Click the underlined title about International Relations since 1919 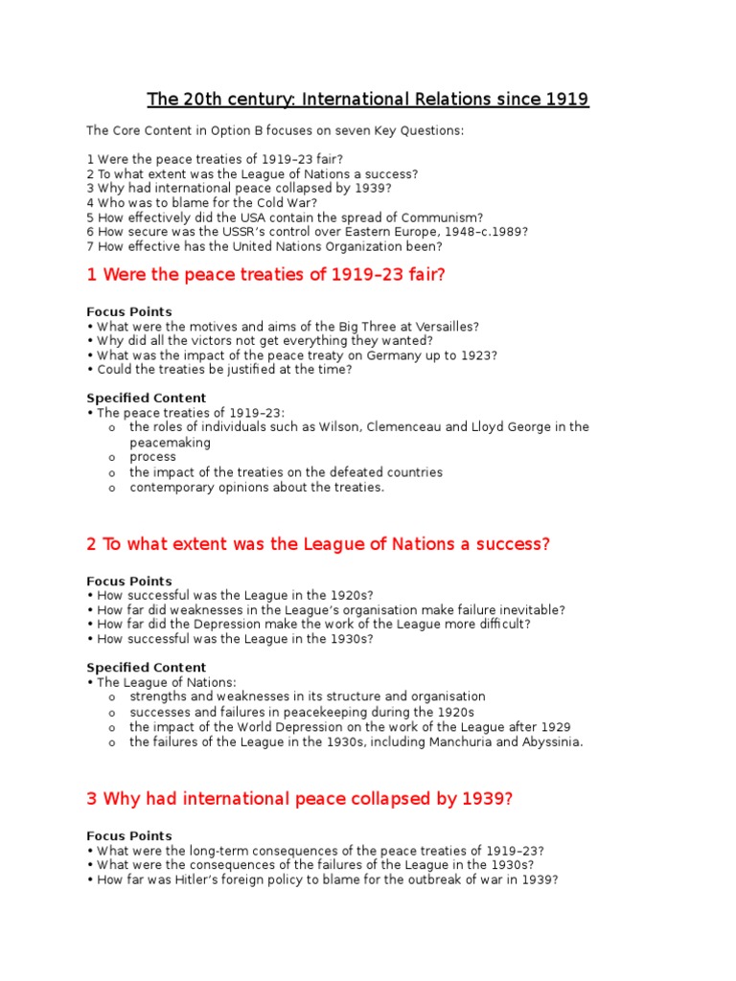coord(367,100)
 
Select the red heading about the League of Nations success coord(318,544)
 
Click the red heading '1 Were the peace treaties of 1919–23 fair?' coord(266,276)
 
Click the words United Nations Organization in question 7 coord(317,246)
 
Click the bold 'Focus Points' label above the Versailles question coord(129,311)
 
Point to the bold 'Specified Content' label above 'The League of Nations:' coord(146,668)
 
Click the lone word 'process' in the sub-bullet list coord(153,457)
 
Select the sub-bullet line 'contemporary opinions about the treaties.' coord(257,487)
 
